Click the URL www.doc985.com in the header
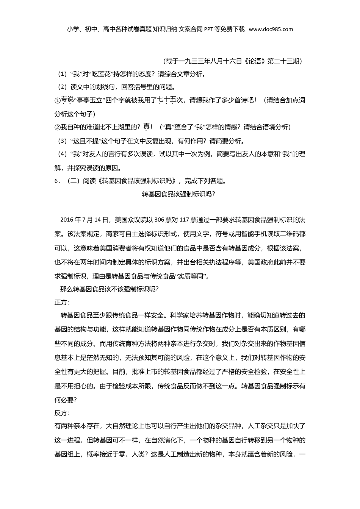271,29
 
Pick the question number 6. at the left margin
58,181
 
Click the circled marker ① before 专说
58,101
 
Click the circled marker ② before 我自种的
58,127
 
